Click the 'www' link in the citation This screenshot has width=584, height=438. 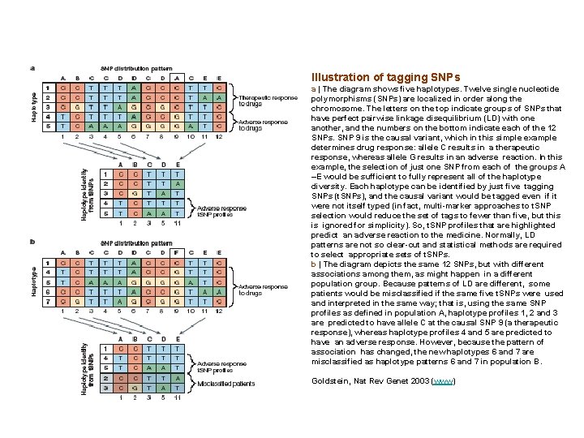[x=444, y=381]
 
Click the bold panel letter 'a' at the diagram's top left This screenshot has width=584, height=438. [x=32, y=68]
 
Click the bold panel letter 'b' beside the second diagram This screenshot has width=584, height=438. [x=32, y=241]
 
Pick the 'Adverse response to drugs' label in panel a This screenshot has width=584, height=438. [x=263, y=124]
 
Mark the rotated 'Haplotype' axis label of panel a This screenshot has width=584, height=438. [x=34, y=105]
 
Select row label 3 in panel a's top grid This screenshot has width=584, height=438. [x=48, y=106]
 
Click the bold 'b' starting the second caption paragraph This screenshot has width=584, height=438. [x=313, y=263]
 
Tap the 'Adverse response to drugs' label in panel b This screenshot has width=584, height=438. [x=264, y=290]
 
